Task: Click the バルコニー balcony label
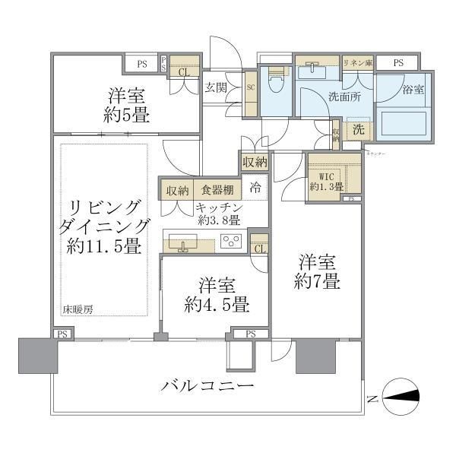click(206, 387)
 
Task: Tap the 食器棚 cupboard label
click(217, 190)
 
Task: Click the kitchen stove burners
click(231, 242)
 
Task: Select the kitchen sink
click(182, 243)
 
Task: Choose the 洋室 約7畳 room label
click(318, 271)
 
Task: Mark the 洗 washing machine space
click(358, 130)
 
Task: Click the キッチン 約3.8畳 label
click(218, 214)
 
